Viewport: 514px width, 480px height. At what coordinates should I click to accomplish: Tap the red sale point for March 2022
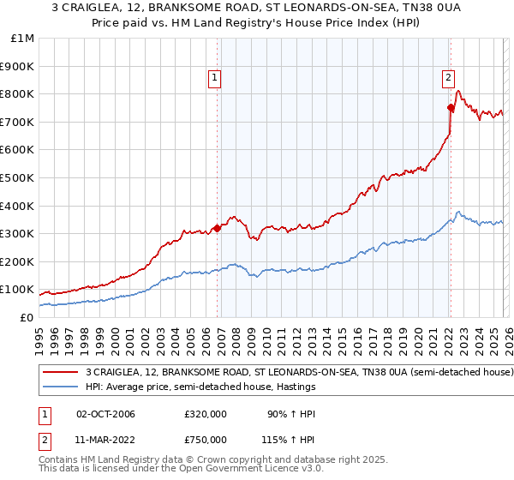(451, 107)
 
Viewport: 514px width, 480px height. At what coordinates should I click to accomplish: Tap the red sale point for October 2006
(218, 228)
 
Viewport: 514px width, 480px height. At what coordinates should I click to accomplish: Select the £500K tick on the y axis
(17, 178)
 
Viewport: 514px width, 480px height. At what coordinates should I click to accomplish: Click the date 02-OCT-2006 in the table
(105, 414)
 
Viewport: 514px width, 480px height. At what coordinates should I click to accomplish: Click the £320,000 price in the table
(206, 414)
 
